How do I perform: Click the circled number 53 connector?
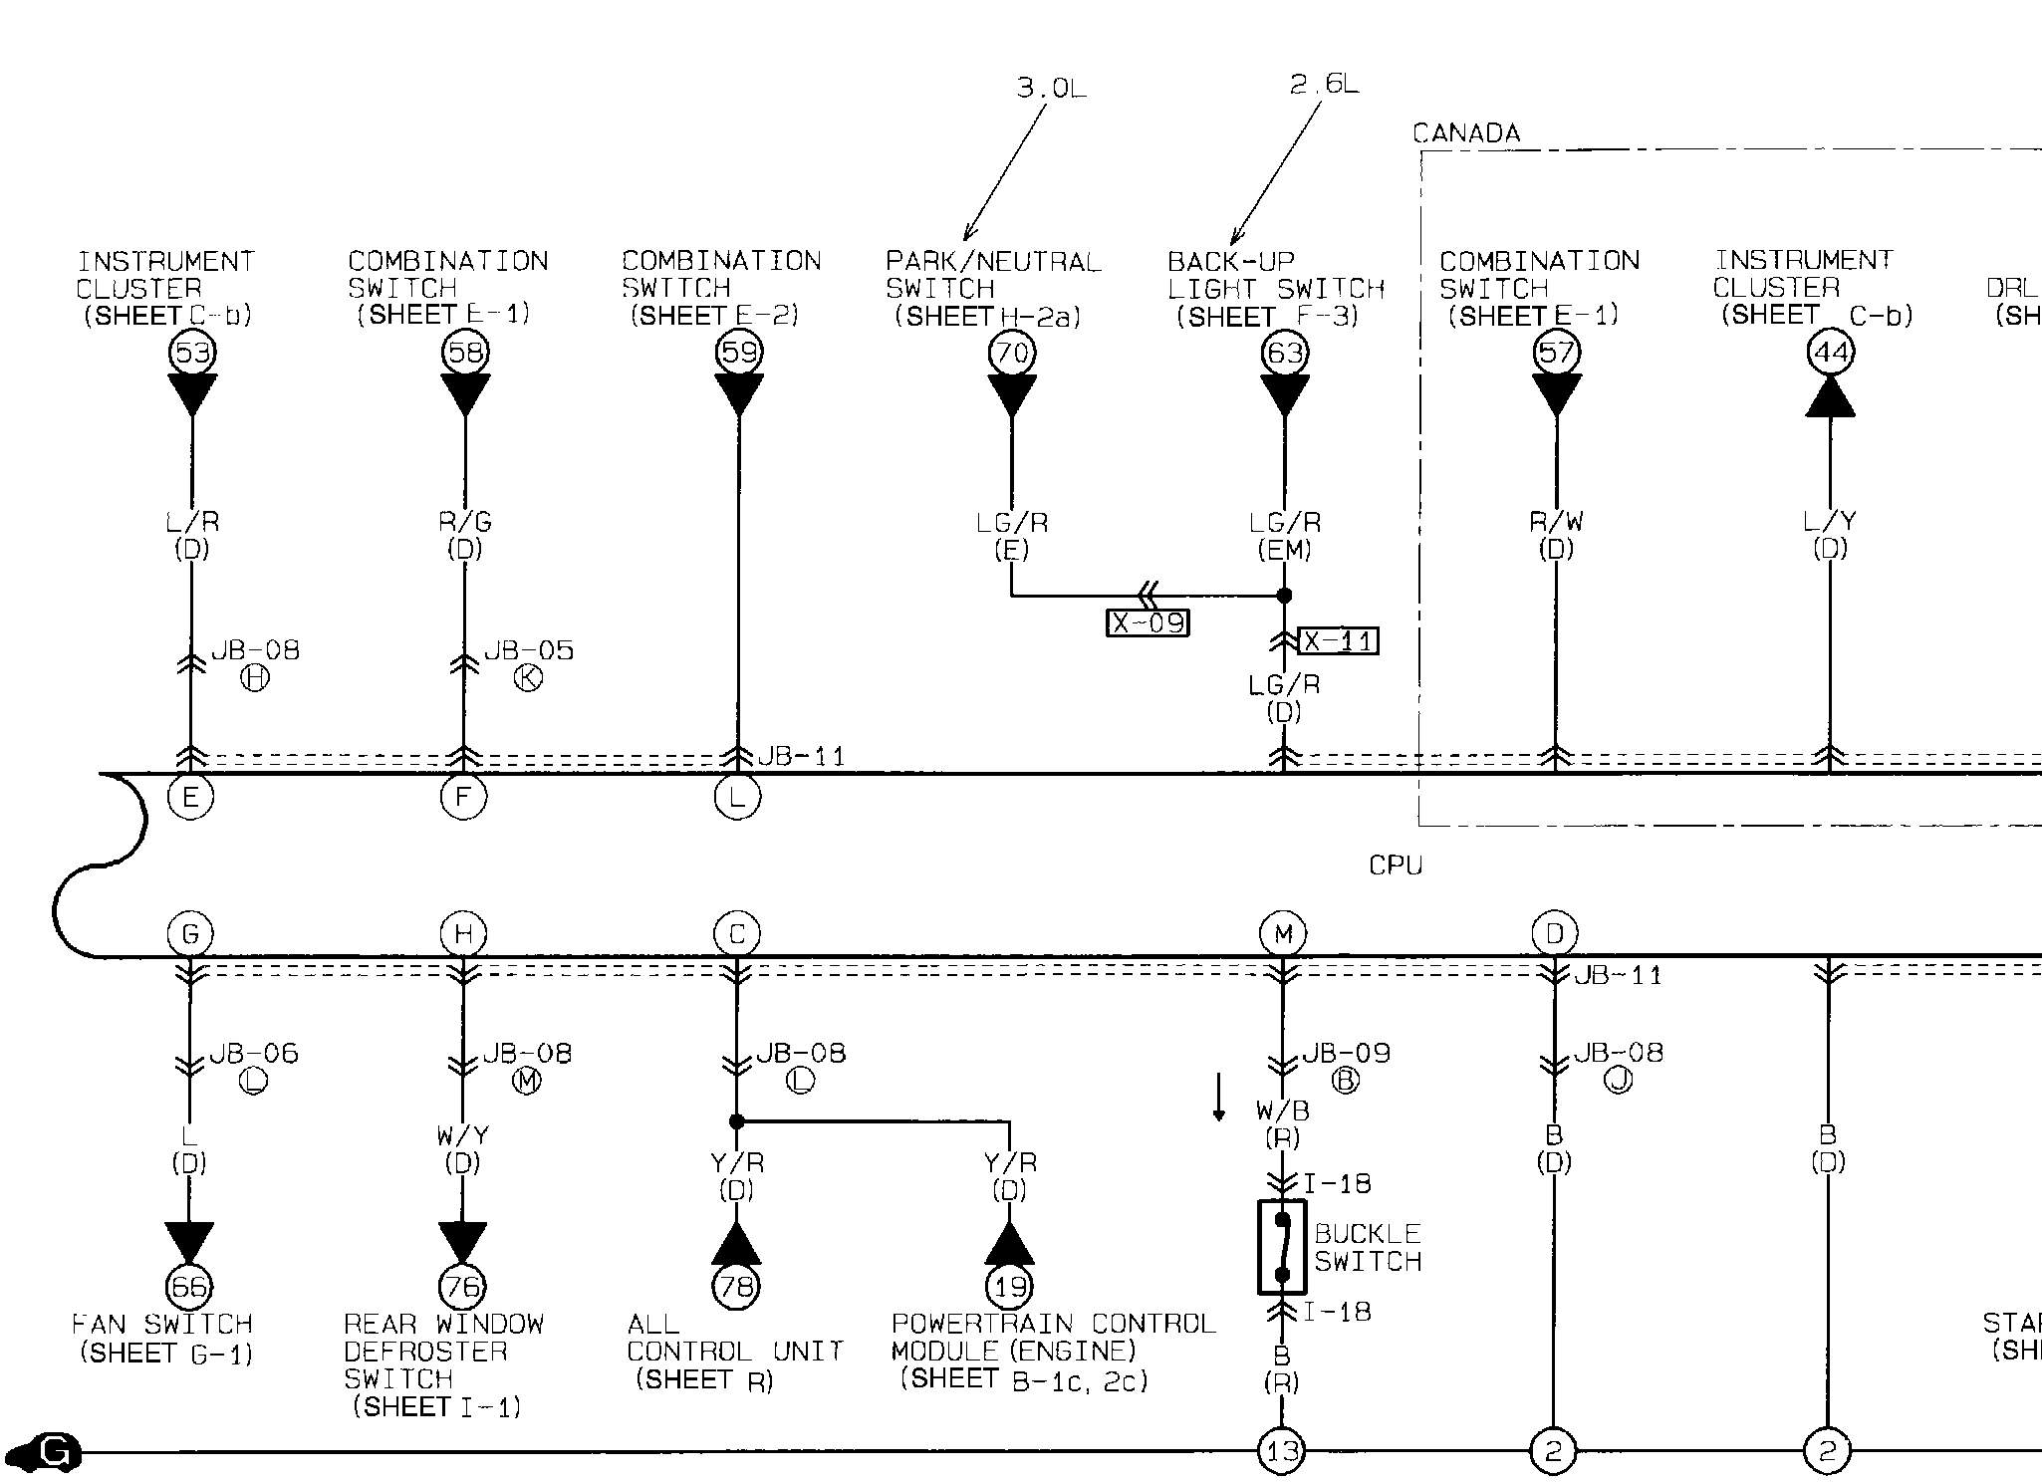(192, 353)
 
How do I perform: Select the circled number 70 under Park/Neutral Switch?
(1012, 353)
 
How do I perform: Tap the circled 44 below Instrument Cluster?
(1831, 353)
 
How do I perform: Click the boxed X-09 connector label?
(1149, 623)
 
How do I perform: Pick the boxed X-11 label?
(1339, 640)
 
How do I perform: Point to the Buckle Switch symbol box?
(1282, 1247)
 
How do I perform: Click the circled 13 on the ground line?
(1281, 1451)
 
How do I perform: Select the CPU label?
(1396, 865)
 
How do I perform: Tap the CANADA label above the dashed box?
(1466, 133)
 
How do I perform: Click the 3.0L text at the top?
(1051, 88)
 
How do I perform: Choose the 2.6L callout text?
(1324, 84)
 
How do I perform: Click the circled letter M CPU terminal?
(1283, 934)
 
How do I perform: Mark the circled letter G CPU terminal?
(189, 934)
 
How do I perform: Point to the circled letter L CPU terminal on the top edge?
(738, 797)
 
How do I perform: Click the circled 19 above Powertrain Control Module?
(1009, 1287)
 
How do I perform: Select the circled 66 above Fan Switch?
(189, 1287)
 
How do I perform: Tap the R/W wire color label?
(1556, 521)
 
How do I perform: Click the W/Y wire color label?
(462, 1135)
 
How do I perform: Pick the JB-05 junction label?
(529, 650)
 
